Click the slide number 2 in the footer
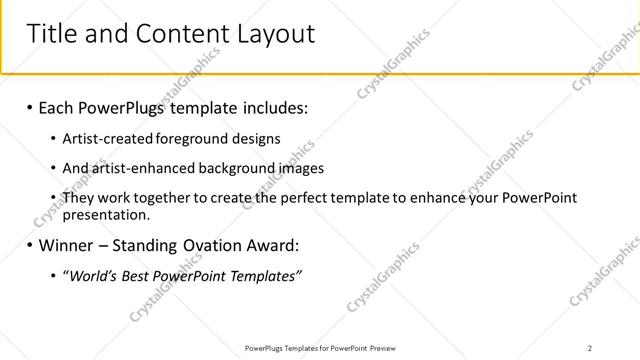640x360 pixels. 590,348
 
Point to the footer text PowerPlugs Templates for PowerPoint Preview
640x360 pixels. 319,348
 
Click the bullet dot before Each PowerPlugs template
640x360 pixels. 30,106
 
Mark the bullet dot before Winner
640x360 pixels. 30,245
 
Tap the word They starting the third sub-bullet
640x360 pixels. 78,198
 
